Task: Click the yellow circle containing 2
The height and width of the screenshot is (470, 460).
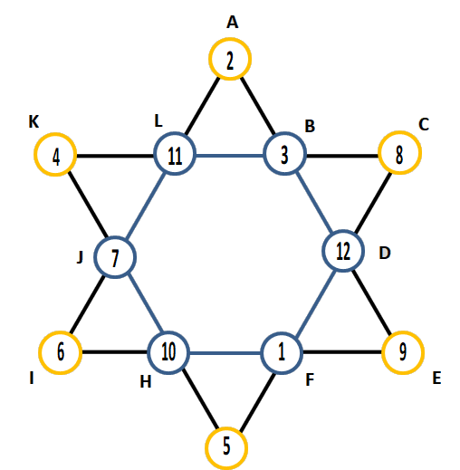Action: click(x=230, y=39)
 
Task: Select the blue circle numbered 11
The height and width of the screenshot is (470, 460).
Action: click(x=175, y=133)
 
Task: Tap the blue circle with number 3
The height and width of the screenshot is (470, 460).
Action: click(x=284, y=133)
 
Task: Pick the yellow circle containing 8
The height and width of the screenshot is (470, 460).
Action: click(x=399, y=132)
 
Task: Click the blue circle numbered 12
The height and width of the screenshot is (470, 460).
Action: click(x=343, y=231)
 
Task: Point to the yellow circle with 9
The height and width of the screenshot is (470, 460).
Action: click(x=403, y=332)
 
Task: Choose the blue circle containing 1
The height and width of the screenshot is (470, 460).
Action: click(x=281, y=332)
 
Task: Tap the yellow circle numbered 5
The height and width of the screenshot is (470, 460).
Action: click(x=226, y=428)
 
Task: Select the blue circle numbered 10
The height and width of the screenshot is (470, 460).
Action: click(x=168, y=332)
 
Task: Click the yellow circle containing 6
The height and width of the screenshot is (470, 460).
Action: click(x=61, y=332)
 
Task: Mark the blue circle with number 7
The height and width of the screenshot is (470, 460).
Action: click(x=115, y=237)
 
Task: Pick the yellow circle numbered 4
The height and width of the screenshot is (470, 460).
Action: click(x=55, y=134)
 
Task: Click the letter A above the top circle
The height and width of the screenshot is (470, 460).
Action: click(x=232, y=23)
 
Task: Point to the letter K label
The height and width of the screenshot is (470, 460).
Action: click(x=34, y=122)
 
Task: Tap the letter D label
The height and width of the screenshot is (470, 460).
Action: click(x=385, y=253)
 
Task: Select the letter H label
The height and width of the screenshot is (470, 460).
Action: click(x=146, y=382)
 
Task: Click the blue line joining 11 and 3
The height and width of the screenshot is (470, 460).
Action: click(x=230, y=156)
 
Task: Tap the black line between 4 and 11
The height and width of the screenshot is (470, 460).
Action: click(x=115, y=156)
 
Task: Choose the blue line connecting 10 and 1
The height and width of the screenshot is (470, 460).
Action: click(x=225, y=353)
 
